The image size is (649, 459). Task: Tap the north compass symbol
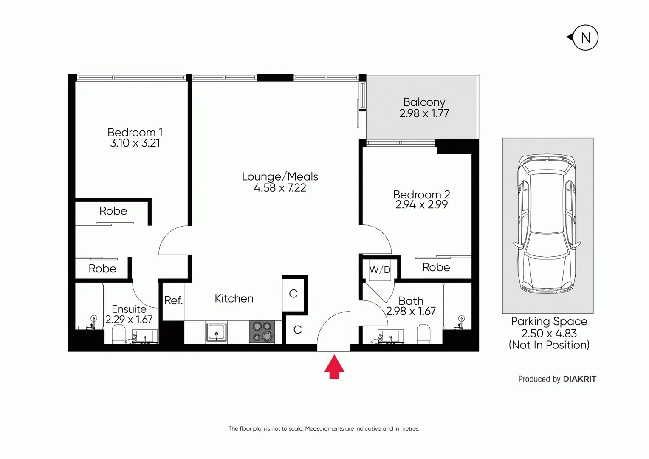(x=585, y=38)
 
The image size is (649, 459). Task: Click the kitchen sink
(x=217, y=332)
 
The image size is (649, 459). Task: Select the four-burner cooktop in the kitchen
(x=262, y=332)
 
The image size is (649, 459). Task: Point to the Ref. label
(x=173, y=300)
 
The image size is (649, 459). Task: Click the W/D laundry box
(x=380, y=269)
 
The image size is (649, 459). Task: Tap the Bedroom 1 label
(x=135, y=132)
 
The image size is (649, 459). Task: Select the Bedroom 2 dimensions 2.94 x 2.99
(x=421, y=205)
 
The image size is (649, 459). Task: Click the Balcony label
(x=424, y=102)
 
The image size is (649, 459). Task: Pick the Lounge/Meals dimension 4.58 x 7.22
(x=280, y=188)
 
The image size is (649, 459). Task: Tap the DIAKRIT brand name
(x=579, y=379)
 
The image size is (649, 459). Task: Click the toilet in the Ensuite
(x=119, y=334)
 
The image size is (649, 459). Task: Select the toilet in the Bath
(x=423, y=334)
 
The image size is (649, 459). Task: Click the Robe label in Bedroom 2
(x=436, y=267)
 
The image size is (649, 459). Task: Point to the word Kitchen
(x=234, y=298)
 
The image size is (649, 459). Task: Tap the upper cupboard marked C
(x=293, y=294)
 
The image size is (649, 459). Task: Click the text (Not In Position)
(x=549, y=345)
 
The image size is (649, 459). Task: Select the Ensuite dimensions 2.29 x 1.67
(x=129, y=320)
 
